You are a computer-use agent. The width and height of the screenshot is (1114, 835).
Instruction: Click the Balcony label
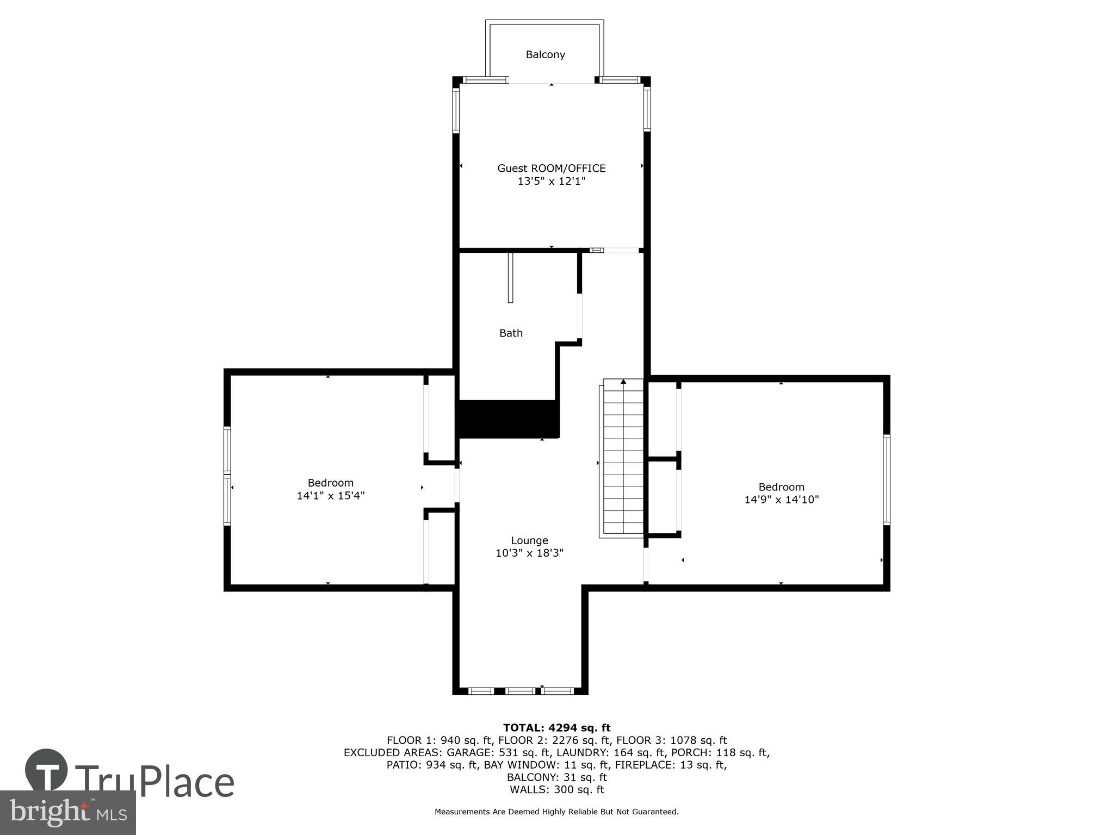pyautogui.click(x=545, y=54)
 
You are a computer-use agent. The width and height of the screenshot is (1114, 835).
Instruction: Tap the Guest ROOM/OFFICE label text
pyautogui.click(x=551, y=169)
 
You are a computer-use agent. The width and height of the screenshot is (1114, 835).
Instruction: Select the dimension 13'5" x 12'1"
pyautogui.click(x=551, y=182)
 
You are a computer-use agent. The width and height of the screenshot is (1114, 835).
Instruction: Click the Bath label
pyautogui.click(x=511, y=333)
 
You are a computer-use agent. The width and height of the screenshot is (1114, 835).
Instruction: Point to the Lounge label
pyautogui.click(x=529, y=540)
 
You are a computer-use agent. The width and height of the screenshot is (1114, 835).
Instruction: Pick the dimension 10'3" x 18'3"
pyautogui.click(x=529, y=553)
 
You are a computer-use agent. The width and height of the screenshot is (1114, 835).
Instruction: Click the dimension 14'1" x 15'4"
pyautogui.click(x=330, y=496)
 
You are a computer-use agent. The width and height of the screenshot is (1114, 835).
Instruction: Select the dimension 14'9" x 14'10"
pyautogui.click(x=781, y=500)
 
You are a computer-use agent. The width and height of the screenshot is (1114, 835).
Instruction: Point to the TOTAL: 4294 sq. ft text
pyautogui.click(x=556, y=728)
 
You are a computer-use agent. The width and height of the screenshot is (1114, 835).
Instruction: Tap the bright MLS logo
pyautogui.click(x=67, y=812)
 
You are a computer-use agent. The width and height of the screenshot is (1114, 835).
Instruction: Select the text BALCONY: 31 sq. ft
pyautogui.click(x=556, y=777)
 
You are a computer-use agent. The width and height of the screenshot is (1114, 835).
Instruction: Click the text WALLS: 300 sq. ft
pyautogui.click(x=556, y=790)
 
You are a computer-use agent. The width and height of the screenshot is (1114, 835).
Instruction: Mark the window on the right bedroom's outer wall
pyautogui.click(x=886, y=479)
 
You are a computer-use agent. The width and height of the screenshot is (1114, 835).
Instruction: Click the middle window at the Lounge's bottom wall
pyautogui.click(x=521, y=691)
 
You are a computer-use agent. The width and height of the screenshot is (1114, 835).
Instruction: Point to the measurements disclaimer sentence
pyautogui.click(x=556, y=812)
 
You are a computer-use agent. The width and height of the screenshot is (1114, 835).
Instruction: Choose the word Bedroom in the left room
pyautogui.click(x=330, y=483)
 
